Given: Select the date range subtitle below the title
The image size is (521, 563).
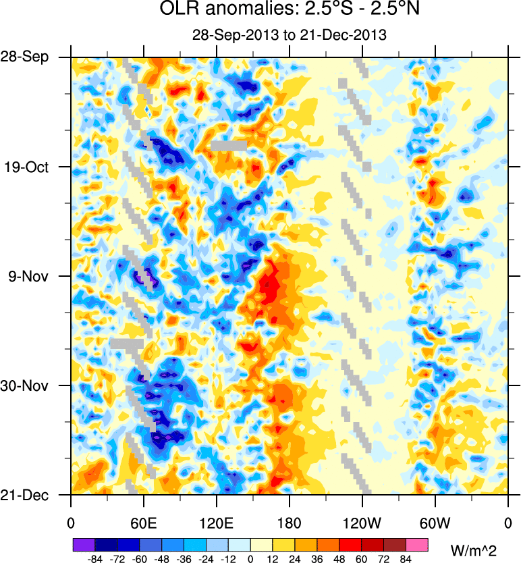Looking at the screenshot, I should [288, 35].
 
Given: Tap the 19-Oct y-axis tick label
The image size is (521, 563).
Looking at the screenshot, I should [28, 167].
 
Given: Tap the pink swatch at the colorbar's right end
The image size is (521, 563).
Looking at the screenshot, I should [417, 543].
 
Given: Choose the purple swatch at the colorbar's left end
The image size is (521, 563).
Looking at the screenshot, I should [83, 543].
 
